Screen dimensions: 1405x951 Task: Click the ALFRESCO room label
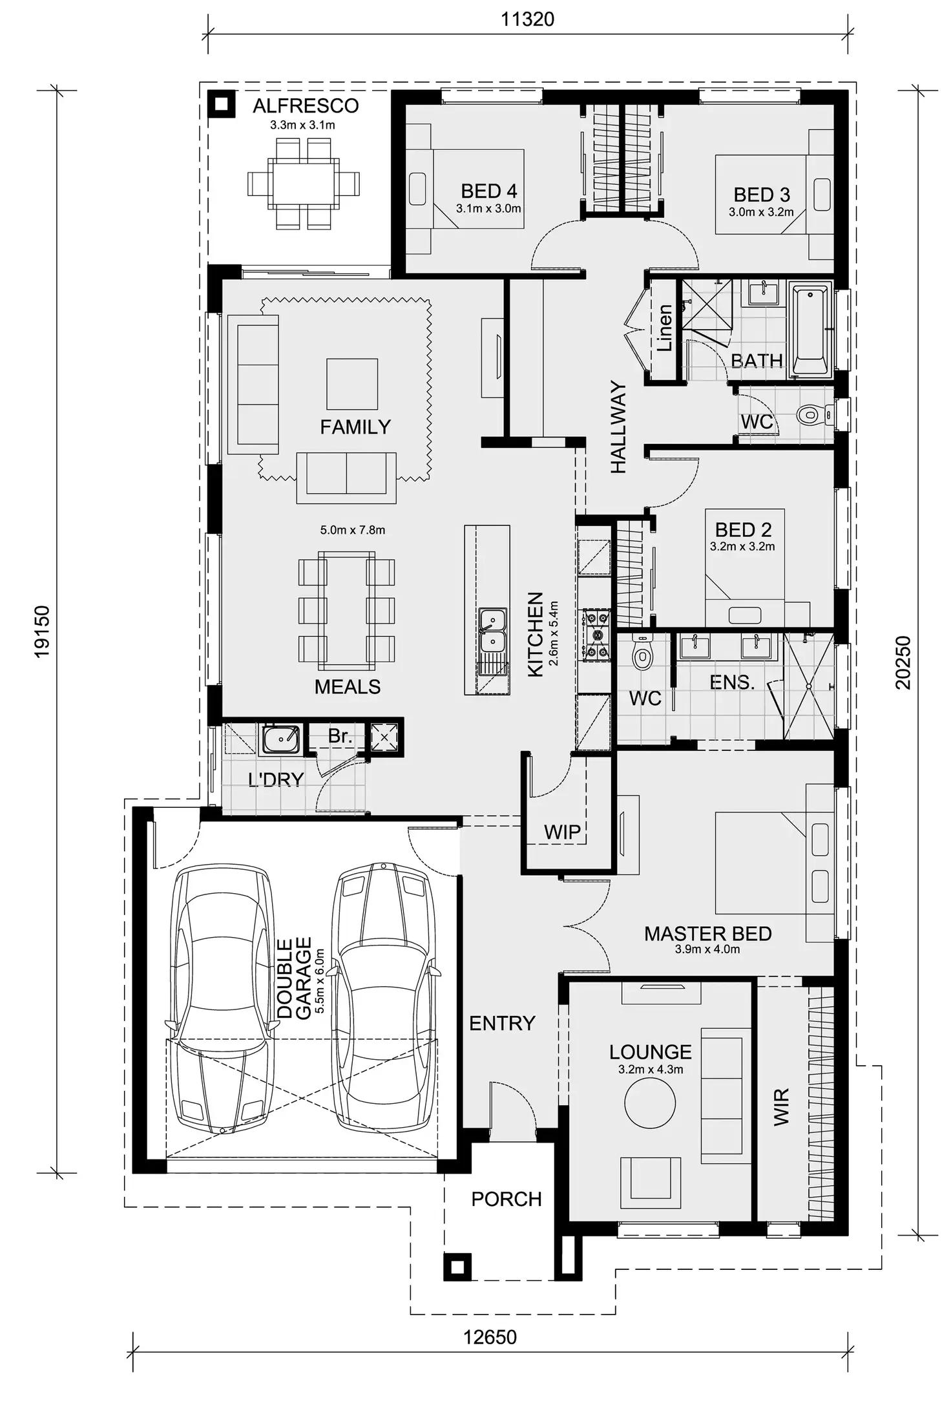pos(305,105)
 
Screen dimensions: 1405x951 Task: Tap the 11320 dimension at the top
pos(527,19)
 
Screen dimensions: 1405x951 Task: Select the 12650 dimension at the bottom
pos(490,1337)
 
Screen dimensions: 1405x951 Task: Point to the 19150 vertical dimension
pos(42,631)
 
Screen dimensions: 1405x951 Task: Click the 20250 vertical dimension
pos(903,662)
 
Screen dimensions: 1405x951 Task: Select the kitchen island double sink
pos(492,631)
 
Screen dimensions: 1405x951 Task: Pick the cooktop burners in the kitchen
pos(596,635)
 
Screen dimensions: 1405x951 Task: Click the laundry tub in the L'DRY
pos(280,739)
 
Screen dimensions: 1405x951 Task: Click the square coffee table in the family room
pos(351,384)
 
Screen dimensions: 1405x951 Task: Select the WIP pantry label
pos(561,832)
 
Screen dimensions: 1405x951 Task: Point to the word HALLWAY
pos(618,427)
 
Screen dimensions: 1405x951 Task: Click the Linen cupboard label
pos(664,328)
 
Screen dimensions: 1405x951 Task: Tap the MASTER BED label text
pos(707,933)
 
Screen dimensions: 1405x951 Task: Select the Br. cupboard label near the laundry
pos(340,735)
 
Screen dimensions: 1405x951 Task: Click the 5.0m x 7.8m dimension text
pos(352,530)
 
